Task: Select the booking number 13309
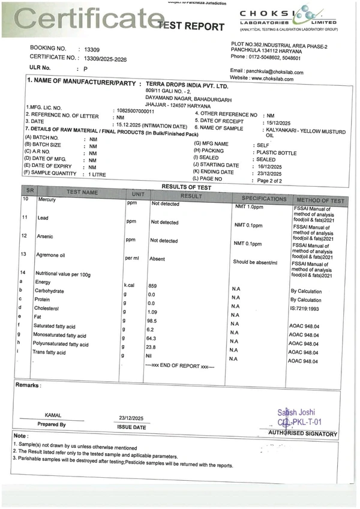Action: pyautogui.click(x=91, y=49)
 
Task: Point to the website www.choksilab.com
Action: pyautogui.click(x=277, y=79)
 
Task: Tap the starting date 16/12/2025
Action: pyautogui.click(x=271, y=166)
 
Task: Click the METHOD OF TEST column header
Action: pyautogui.click(x=320, y=200)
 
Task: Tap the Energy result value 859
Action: pyautogui.click(x=152, y=286)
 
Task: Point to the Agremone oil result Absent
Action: pyautogui.click(x=157, y=259)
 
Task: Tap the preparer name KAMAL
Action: pyautogui.click(x=53, y=415)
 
